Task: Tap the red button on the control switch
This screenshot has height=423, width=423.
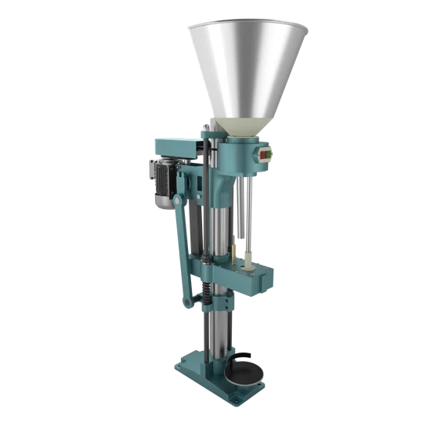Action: coord(263,155)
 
